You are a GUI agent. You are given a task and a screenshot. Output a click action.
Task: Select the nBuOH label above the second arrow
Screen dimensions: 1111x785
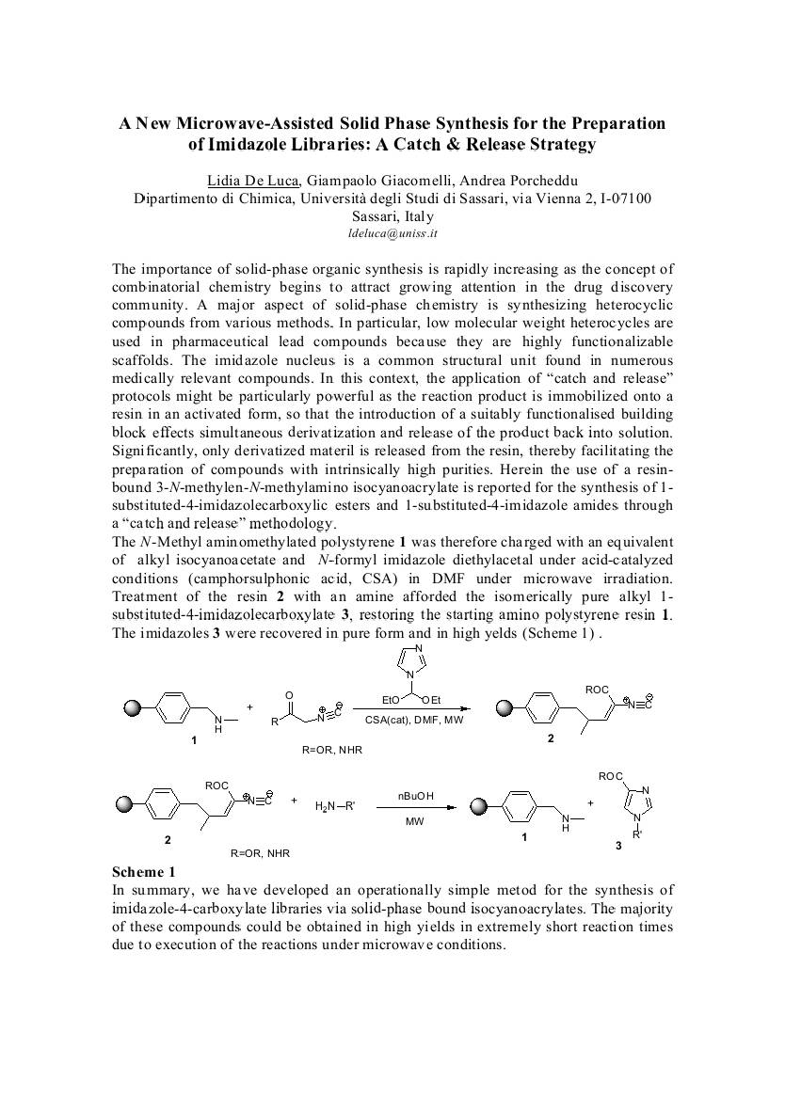415,796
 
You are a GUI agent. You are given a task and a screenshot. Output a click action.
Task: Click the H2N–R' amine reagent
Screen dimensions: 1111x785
334,805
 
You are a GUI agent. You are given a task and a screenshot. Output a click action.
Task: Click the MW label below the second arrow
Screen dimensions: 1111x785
415,821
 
